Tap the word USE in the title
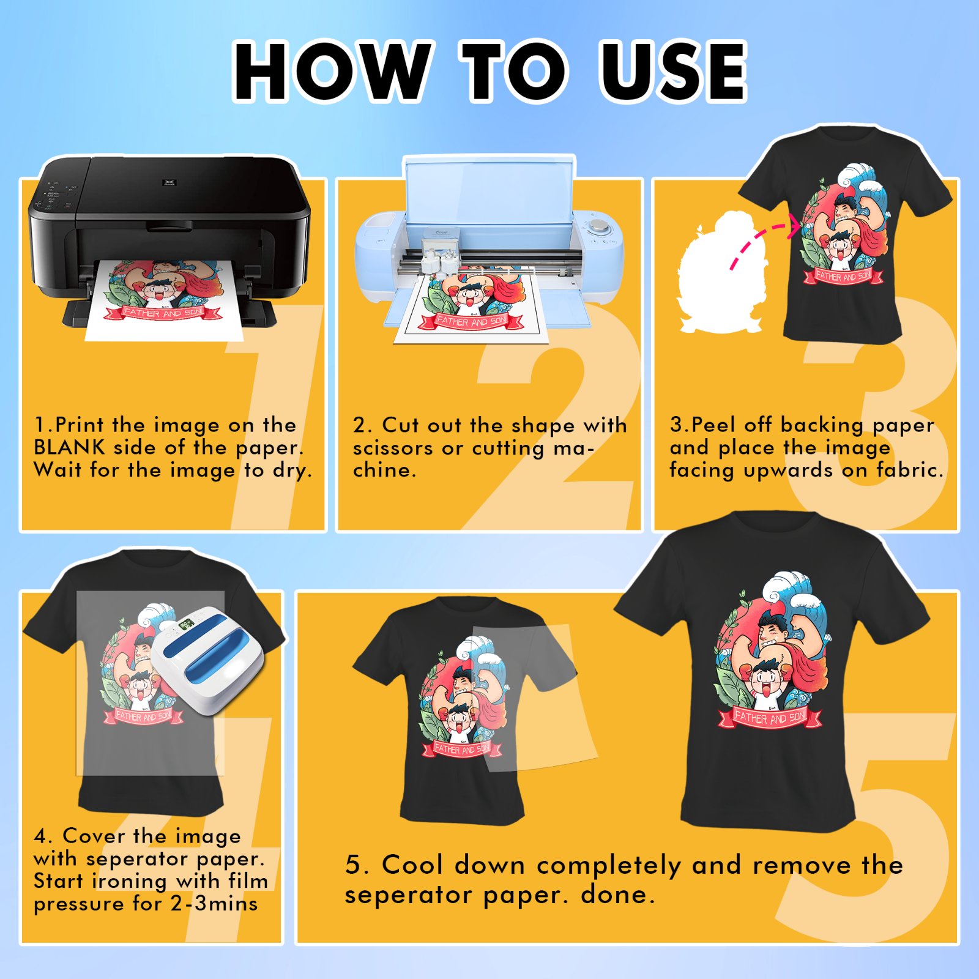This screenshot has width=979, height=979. (x=673, y=71)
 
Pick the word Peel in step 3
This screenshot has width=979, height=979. (x=713, y=425)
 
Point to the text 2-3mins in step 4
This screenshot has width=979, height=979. (x=214, y=904)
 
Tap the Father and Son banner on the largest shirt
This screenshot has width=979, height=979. (x=770, y=717)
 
